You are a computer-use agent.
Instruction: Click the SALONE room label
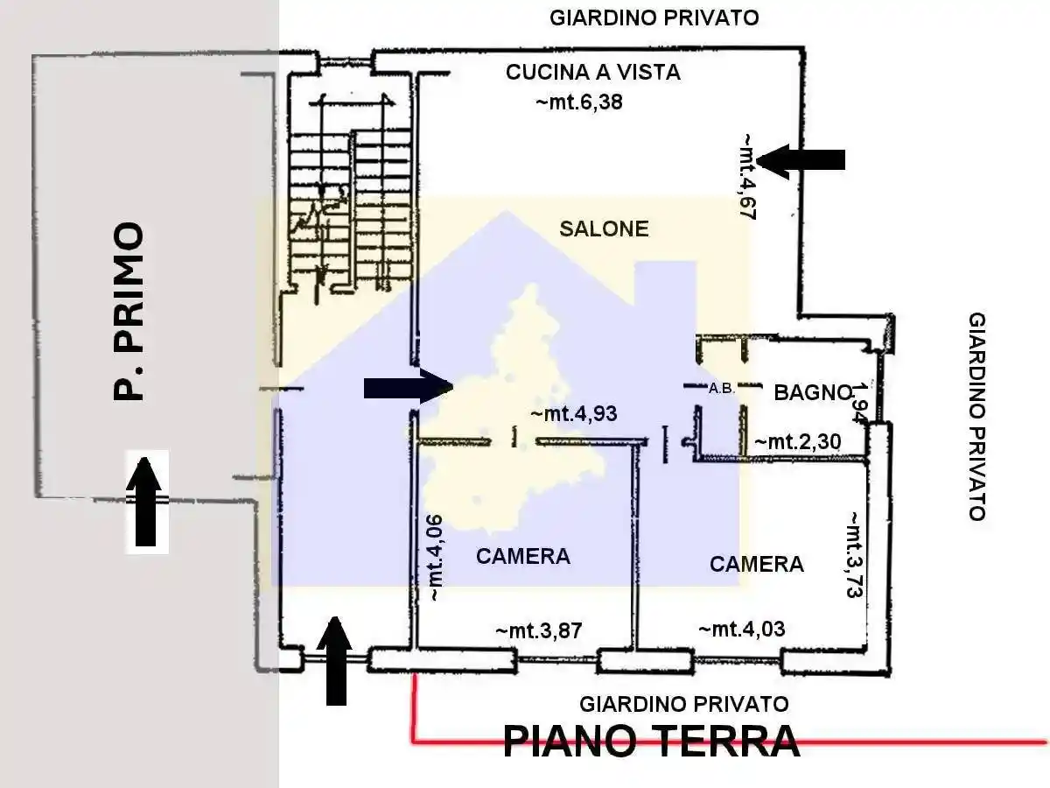point(604,229)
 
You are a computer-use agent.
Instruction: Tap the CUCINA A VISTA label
point(592,73)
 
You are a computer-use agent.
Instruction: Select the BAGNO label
point(813,393)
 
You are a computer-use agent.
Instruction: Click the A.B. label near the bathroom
point(721,389)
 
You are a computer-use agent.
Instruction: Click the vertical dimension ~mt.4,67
point(747,176)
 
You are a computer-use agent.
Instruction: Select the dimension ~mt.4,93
point(574,414)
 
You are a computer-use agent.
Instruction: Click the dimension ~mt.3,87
point(538,630)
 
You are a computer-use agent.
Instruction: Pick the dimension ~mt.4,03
point(741,629)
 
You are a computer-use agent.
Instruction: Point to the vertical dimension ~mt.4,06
point(435,558)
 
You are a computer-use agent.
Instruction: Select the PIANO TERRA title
point(651,742)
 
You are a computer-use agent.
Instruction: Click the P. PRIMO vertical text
point(129,312)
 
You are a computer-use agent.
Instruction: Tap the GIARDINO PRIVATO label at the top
point(654,18)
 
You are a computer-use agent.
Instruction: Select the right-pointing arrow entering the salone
point(408,386)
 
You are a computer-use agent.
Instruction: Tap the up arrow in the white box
point(147,500)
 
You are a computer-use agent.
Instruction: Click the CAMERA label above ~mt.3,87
point(522,556)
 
